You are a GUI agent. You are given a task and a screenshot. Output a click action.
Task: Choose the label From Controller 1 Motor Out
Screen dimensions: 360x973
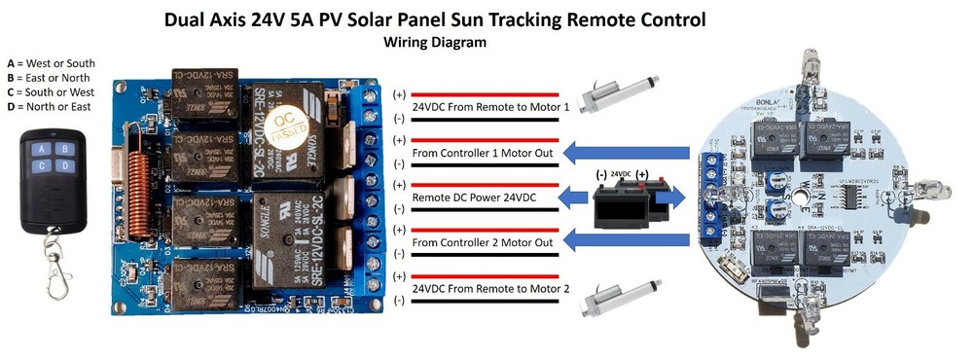pos(484,153)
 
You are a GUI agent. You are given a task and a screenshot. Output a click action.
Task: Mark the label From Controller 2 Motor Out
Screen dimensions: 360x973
pos(484,242)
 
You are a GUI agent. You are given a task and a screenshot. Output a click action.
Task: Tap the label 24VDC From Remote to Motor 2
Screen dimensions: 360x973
pos(490,288)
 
